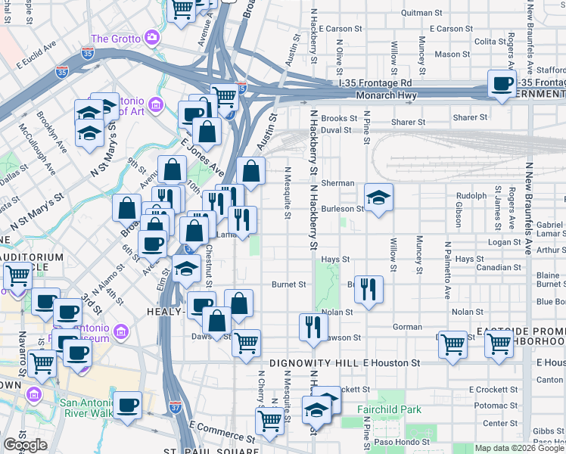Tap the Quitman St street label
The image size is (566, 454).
coord(421,13)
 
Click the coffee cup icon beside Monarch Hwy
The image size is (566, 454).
coord(501,83)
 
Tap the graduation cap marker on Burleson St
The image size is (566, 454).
coord(378,198)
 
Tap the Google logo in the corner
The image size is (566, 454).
coord(25,445)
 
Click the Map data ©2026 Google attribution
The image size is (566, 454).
coord(519,448)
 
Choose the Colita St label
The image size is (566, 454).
coord(490,42)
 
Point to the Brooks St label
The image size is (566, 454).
coord(338,119)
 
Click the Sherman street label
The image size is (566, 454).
coord(337,183)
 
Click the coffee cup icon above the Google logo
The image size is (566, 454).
coord(127,404)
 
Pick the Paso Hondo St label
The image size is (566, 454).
coord(403,442)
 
